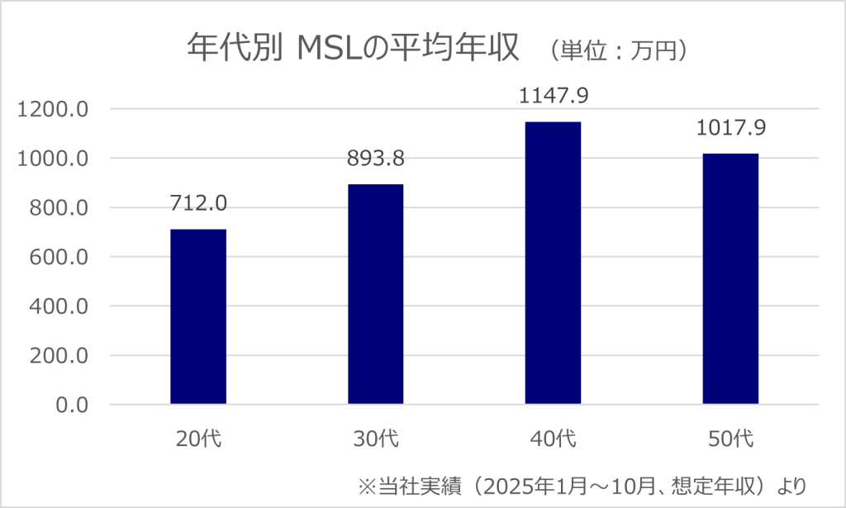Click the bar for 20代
pos(198,316)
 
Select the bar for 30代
pos(375,294)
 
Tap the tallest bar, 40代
pos(553,263)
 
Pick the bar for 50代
pos(730,278)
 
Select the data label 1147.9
pos(553,97)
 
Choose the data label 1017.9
pos(730,129)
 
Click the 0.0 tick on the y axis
pos(71,406)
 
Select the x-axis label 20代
pos(198,439)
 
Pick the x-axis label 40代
pos(553,439)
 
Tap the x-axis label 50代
pos(730,439)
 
